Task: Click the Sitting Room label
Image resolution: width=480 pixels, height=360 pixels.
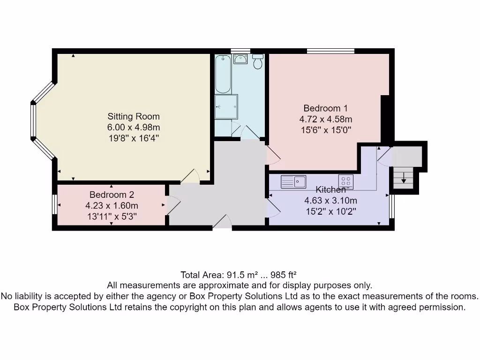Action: [134, 116]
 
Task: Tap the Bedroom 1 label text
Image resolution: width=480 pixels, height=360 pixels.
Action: [325, 108]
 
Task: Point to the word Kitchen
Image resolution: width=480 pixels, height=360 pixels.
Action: [330, 190]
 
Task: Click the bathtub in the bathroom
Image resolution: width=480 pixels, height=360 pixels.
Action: [223, 74]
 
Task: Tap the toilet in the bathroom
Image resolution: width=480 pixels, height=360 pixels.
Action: [258, 62]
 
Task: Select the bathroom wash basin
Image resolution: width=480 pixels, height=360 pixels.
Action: [241, 59]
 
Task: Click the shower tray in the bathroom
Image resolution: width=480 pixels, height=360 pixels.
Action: [226, 107]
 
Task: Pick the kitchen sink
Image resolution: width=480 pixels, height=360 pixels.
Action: [293, 181]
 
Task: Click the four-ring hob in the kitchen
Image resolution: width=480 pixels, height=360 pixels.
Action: [346, 181]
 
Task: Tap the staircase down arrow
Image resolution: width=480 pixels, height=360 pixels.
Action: [404, 178]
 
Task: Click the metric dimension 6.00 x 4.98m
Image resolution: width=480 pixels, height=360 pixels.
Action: [134, 127]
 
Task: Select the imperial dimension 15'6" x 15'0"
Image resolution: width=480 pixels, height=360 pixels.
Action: [326, 129]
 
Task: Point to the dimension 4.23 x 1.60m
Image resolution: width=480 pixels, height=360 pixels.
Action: [112, 205]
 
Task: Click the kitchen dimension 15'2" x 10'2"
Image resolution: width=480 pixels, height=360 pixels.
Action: [330, 211]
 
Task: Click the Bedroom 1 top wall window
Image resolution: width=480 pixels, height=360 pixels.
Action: [330, 51]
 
